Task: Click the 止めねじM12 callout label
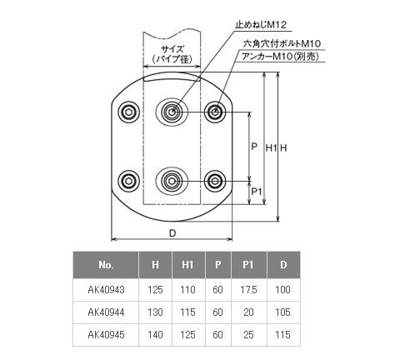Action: pyautogui.click(x=261, y=25)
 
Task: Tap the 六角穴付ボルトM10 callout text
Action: pyautogui.click(x=282, y=43)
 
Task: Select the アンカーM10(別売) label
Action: pyautogui.click(x=280, y=57)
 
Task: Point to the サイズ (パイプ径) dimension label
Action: pyautogui.click(x=172, y=54)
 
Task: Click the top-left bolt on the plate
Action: pyautogui.click(x=128, y=112)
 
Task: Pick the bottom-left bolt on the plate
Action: pyautogui.click(x=128, y=181)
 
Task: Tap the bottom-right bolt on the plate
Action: pyautogui.click(x=215, y=181)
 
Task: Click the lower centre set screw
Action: pyautogui.click(x=172, y=182)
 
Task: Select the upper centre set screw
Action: pyautogui.click(x=172, y=112)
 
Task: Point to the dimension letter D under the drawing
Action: pyautogui.click(x=172, y=233)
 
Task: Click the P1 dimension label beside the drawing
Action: pyautogui.click(x=257, y=192)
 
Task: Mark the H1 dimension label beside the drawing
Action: pyautogui.click(x=271, y=148)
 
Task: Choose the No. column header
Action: pyautogui.click(x=106, y=265)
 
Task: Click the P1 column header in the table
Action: pyautogui.click(x=248, y=265)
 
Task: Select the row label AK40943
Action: pyautogui.click(x=106, y=290)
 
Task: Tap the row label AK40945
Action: pyautogui.click(x=106, y=335)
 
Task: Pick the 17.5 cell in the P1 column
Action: pyautogui.click(x=248, y=290)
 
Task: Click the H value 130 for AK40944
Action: pyautogui.click(x=155, y=312)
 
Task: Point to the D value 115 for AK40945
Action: pyautogui.click(x=282, y=335)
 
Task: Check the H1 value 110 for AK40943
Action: pyautogui.click(x=187, y=290)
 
